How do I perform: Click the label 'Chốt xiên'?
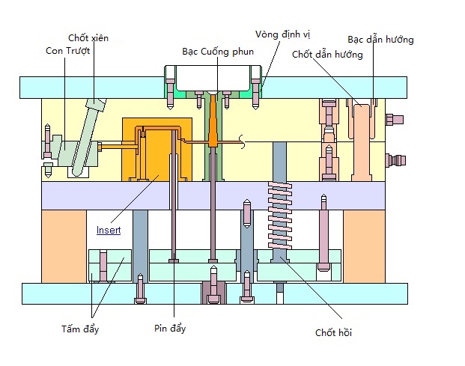88,37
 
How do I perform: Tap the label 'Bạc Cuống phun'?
218,52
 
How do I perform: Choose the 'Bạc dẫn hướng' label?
380,39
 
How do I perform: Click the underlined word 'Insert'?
108,231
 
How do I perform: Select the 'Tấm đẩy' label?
80,329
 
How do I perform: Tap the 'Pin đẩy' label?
170,329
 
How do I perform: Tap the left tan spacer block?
64,245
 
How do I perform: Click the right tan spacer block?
365,245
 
